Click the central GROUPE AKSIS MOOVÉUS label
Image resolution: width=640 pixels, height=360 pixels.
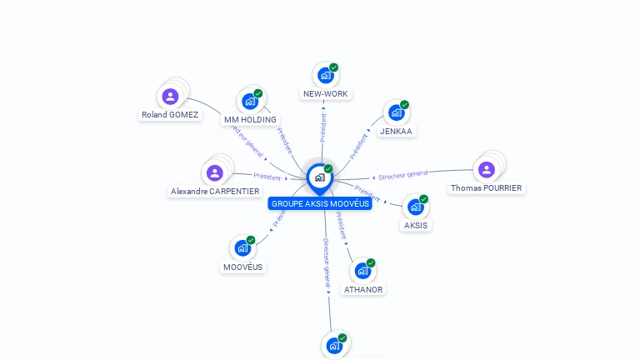click(x=320, y=203)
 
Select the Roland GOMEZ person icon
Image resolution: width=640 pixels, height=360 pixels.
click(x=171, y=97)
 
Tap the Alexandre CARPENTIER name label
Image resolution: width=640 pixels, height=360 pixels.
click(x=215, y=191)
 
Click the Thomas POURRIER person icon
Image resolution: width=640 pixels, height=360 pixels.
click(x=487, y=170)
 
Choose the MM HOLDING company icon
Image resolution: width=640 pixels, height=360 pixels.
click(x=249, y=102)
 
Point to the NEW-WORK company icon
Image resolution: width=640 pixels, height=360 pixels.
click(x=325, y=76)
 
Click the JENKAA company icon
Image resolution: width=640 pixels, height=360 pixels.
click(x=396, y=112)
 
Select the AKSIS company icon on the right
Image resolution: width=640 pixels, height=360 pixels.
click(x=415, y=207)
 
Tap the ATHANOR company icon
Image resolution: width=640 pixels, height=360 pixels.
click(x=362, y=271)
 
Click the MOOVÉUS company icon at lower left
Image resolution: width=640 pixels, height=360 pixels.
click(x=242, y=248)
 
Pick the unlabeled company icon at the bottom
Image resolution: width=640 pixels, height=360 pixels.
click(x=334, y=345)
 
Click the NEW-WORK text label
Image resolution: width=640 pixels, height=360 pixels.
click(x=325, y=94)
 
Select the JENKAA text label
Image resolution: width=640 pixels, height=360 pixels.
click(x=396, y=131)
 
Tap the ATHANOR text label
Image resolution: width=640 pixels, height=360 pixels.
click(x=363, y=290)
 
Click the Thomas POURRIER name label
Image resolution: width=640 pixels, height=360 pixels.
click(x=487, y=188)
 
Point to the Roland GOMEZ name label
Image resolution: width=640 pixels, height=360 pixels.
click(x=170, y=115)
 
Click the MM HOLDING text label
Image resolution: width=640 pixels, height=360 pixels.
click(x=250, y=120)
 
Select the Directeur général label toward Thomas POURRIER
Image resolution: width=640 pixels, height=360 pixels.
click(x=403, y=175)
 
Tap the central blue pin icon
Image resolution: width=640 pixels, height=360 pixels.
click(x=318, y=177)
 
